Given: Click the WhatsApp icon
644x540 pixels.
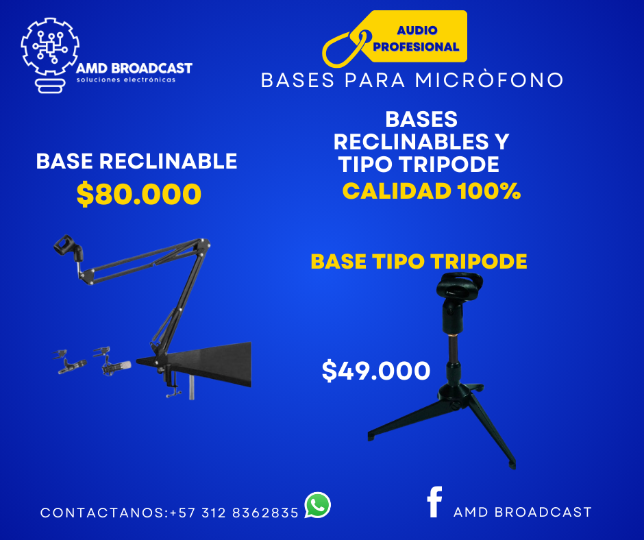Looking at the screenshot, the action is [x=317, y=505].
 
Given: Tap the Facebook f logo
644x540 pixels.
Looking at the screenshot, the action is [x=434, y=502].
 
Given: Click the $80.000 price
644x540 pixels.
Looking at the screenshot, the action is [x=139, y=194].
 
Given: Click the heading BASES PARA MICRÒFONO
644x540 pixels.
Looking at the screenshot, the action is [x=412, y=80].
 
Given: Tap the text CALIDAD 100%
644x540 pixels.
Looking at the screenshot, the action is [x=431, y=191].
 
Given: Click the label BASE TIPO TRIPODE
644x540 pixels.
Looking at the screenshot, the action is [x=419, y=261].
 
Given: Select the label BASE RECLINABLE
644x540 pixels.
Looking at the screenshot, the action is [x=137, y=160].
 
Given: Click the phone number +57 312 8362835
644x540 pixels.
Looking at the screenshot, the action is [x=234, y=513].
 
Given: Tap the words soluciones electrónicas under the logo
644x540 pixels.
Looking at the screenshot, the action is [x=126, y=79].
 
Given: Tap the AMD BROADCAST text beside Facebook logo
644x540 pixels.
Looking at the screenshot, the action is [x=523, y=512].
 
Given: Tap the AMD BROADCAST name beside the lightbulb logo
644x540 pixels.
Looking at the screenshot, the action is [x=134, y=69].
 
